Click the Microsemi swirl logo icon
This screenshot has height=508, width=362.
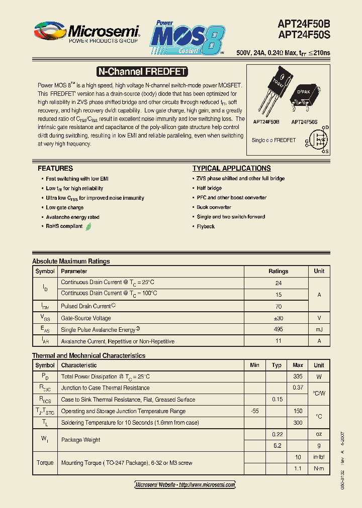point(49,32)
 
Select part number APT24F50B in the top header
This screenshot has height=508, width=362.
point(304,23)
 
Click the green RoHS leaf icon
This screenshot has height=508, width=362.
point(88,226)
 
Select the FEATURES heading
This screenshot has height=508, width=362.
point(55,169)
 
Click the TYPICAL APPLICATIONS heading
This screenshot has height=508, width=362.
point(231,169)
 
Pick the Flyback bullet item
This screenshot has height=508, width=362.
point(206,226)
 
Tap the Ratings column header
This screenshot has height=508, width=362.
point(278,271)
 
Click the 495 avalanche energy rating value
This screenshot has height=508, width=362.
point(278,329)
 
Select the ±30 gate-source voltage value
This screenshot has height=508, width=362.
point(278,318)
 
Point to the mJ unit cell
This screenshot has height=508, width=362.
point(319,329)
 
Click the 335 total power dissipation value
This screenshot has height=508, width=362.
point(298,376)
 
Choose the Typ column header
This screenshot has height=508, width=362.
point(277,365)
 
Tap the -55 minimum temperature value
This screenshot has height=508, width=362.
point(254,411)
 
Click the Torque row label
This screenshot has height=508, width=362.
point(45,463)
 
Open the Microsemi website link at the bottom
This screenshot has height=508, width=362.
point(185,484)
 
